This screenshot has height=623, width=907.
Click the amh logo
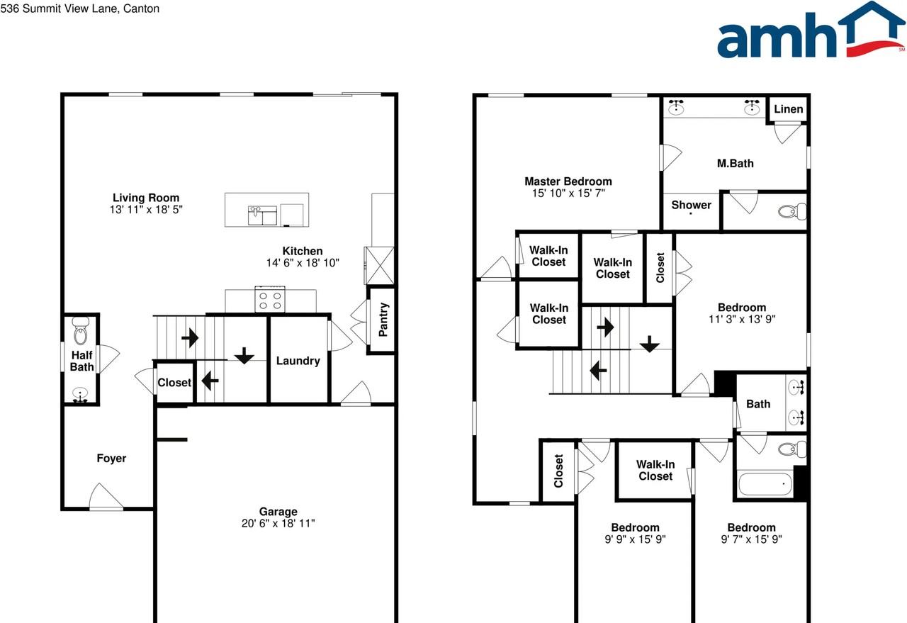[x=811, y=31]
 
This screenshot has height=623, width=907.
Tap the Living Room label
[x=146, y=198]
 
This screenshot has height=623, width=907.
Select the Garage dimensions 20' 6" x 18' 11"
[x=278, y=524]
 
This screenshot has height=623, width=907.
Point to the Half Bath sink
[x=81, y=394]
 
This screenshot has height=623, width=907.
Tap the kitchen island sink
[x=262, y=214]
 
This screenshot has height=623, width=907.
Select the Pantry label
[x=383, y=320]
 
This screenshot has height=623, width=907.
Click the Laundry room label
[x=298, y=361]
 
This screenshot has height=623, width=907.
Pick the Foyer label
[x=111, y=459]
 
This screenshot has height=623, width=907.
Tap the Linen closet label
[x=788, y=108]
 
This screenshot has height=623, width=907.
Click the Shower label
[x=691, y=205]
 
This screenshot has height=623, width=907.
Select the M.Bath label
[x=735, y=163]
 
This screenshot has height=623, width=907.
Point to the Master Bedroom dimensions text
[x=568, y=193]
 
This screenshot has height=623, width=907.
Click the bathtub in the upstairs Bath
[x=766, y=485]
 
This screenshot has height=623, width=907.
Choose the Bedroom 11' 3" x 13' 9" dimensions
[x=742, y=319]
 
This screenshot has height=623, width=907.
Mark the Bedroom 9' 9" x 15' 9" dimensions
[x=635, y=539]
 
